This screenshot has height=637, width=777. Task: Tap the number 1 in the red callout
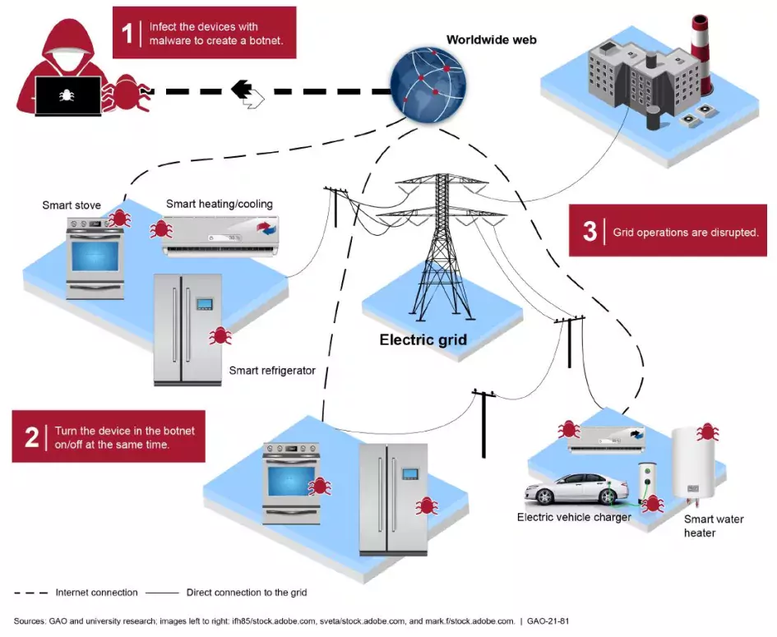(x=127, y=33)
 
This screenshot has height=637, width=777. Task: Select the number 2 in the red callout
(x=32, y=436)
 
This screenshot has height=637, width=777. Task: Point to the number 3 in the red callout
(x=590, y=231)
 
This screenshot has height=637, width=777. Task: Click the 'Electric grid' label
(x=423, y=339)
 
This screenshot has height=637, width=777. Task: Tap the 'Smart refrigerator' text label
(x=272, y=371)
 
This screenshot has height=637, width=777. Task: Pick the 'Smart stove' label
(x=72, y=205)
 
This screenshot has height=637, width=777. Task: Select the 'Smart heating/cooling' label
(x=220, y=204)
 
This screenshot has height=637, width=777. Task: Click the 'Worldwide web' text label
(x=491, y=39)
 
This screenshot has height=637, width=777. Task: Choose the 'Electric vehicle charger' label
(x=574, y=518)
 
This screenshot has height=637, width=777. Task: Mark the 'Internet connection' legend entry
(x=96, y=592)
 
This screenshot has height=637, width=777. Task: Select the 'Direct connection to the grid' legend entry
(x=247, y=592)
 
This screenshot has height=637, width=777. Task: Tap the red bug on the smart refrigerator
(x=220, y=335)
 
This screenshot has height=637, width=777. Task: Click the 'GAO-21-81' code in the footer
(x=547, y=621)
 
